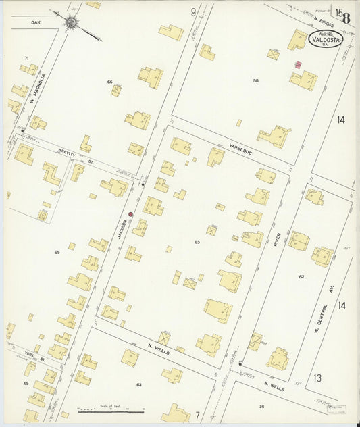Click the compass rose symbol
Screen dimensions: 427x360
tap(71, 22)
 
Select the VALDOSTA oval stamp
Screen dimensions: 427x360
tap(326, 40)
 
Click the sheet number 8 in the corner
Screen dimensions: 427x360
tap(346, 18)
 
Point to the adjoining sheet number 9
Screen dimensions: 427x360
tap(193, 12)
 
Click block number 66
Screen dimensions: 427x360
tap(109, 82)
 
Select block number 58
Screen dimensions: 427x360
tap(255, 81)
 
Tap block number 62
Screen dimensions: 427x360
tap(302, 276)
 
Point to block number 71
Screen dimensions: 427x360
tap(26, 59)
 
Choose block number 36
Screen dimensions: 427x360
tap(261, 406)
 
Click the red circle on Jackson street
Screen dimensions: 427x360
tap(131, 215)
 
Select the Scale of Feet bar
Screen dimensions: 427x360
tap(111, 409)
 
